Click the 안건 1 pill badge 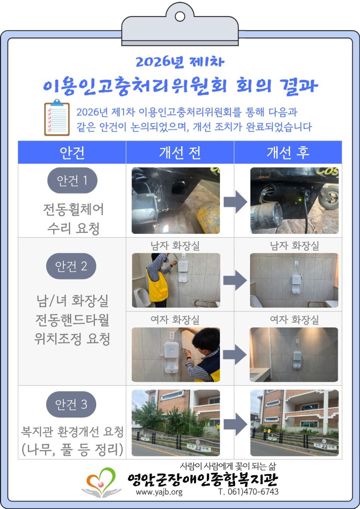click(x=72, y=180)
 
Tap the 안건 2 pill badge click(x=71, y=266)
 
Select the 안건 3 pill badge click(x=71, y=405)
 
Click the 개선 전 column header click(x=180, y=152)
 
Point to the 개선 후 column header click(x=288, y=152)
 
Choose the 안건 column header click(x=72, y=152)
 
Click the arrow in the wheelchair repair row click(x=235, y=201)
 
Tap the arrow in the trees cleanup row click(x=235, y=424)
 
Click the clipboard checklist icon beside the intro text click(x=57, y=117)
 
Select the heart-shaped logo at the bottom click(x=101, y=482)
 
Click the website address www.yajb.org click(x=159, y=492)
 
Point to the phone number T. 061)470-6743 click(x=248, y=491)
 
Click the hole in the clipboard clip click(x=180, y=16)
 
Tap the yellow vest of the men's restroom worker click(x=157, y=286)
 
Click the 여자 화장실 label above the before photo click(x=175, y=320)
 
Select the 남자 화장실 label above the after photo click(x=294, y=245)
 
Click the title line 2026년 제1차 click(x=180, y=62)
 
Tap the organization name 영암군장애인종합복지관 click(x=203, y=480)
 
